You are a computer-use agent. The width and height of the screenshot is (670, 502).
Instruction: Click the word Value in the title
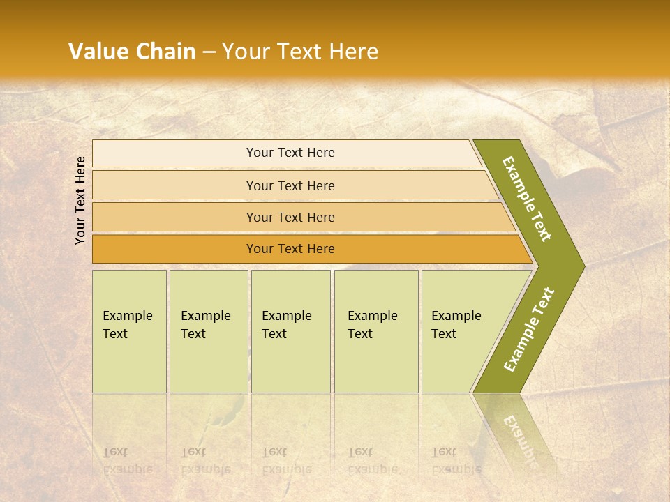[98, 52]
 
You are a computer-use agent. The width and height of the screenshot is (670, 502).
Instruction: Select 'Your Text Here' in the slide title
[300, 52]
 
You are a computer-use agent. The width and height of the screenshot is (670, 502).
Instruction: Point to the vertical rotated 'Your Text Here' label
[80, 200]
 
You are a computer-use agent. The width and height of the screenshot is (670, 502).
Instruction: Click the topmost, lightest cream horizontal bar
[290, 153]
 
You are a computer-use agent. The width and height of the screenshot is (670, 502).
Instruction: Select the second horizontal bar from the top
[290, 185]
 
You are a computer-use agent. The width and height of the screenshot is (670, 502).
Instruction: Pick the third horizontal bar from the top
[290, 217]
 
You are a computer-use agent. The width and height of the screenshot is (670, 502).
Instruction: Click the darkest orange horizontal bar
[290, 249]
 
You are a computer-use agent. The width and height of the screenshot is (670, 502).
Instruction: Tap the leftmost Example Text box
[129, 331]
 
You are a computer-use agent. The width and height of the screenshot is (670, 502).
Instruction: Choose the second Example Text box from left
[208, 331]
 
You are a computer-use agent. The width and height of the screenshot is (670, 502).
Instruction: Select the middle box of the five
[290, 331]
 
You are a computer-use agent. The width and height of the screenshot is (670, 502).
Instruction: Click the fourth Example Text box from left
[375, 331]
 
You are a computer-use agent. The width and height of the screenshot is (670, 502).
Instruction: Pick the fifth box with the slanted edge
[461, 331]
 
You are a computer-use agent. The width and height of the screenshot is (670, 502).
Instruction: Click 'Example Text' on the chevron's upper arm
[527, 199]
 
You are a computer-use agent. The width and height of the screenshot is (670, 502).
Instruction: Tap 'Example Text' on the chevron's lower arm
[529, 330]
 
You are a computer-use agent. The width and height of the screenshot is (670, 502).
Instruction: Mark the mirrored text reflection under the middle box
[286, 461]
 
